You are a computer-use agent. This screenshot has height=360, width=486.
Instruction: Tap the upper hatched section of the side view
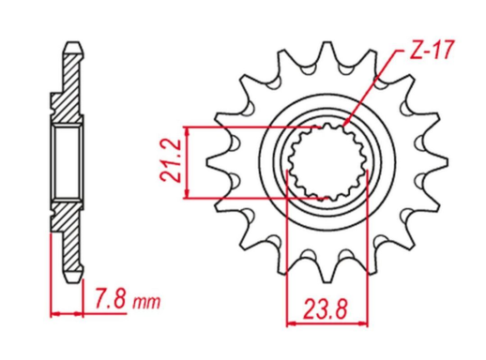(69, 89)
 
